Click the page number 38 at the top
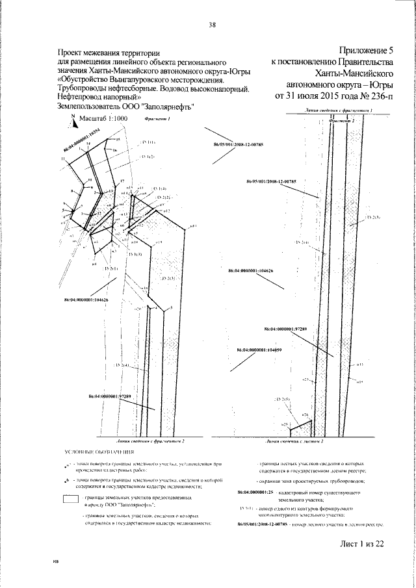pyautogui.click(x=212, y=25)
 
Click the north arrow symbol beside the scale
pyautogui.click(x=75, y=120)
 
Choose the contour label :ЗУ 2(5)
pyautogui.click(x=282, y=398)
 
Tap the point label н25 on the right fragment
pyautogui.click(x=285, y=424)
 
